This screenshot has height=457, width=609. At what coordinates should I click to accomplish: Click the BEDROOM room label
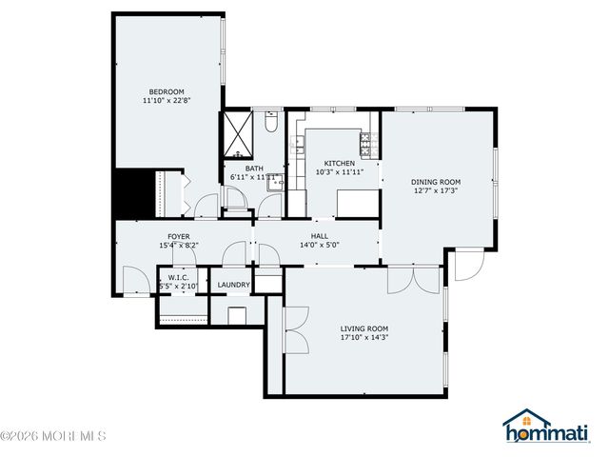point(166,91)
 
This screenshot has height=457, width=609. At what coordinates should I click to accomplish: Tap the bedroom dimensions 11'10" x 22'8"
point(166,101)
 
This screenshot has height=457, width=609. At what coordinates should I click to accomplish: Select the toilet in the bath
point(270,123)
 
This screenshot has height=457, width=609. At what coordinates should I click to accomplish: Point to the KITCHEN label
point(339,163)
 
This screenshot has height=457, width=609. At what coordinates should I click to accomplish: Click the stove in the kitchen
point(365,144)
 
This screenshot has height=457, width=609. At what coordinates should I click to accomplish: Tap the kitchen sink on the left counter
point(298,145)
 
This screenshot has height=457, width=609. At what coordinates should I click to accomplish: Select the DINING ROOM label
point(436,182)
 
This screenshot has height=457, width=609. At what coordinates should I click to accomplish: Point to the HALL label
point(320,235)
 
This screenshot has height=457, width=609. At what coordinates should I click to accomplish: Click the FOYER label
point(179,236)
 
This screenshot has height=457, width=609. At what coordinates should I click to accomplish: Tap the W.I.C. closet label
point(178,278)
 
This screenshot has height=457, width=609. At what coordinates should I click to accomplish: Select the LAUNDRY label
point(233,285)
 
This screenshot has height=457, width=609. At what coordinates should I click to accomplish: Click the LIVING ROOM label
point(364,328)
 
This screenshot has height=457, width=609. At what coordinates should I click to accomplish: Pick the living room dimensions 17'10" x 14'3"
point(364,337)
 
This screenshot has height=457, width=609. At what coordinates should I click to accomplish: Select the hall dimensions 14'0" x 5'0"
point(320,245)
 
